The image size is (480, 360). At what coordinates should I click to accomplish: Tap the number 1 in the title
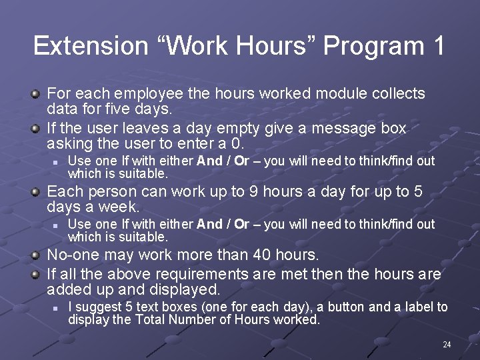point(437,46)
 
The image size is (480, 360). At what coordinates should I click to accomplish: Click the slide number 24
point(447,345)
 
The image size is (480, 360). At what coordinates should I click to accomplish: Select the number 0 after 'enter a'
point(237,143)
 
